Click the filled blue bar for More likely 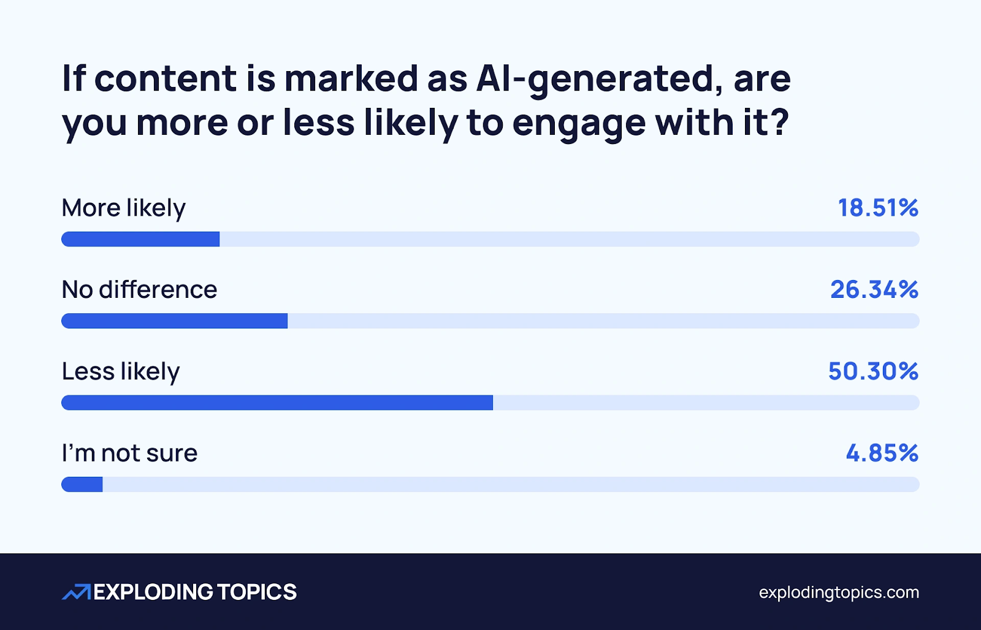140,239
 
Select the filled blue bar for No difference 174,321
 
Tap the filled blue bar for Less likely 277,403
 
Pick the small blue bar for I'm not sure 82,485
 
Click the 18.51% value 878,208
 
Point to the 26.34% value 874,290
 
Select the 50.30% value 873,371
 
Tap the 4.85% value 882,454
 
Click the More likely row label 124,208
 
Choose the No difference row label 140,290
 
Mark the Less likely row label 121,371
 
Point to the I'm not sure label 130,454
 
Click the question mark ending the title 779,122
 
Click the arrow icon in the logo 76,592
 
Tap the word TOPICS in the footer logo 257,592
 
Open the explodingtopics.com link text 839,593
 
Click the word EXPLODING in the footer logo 153,592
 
